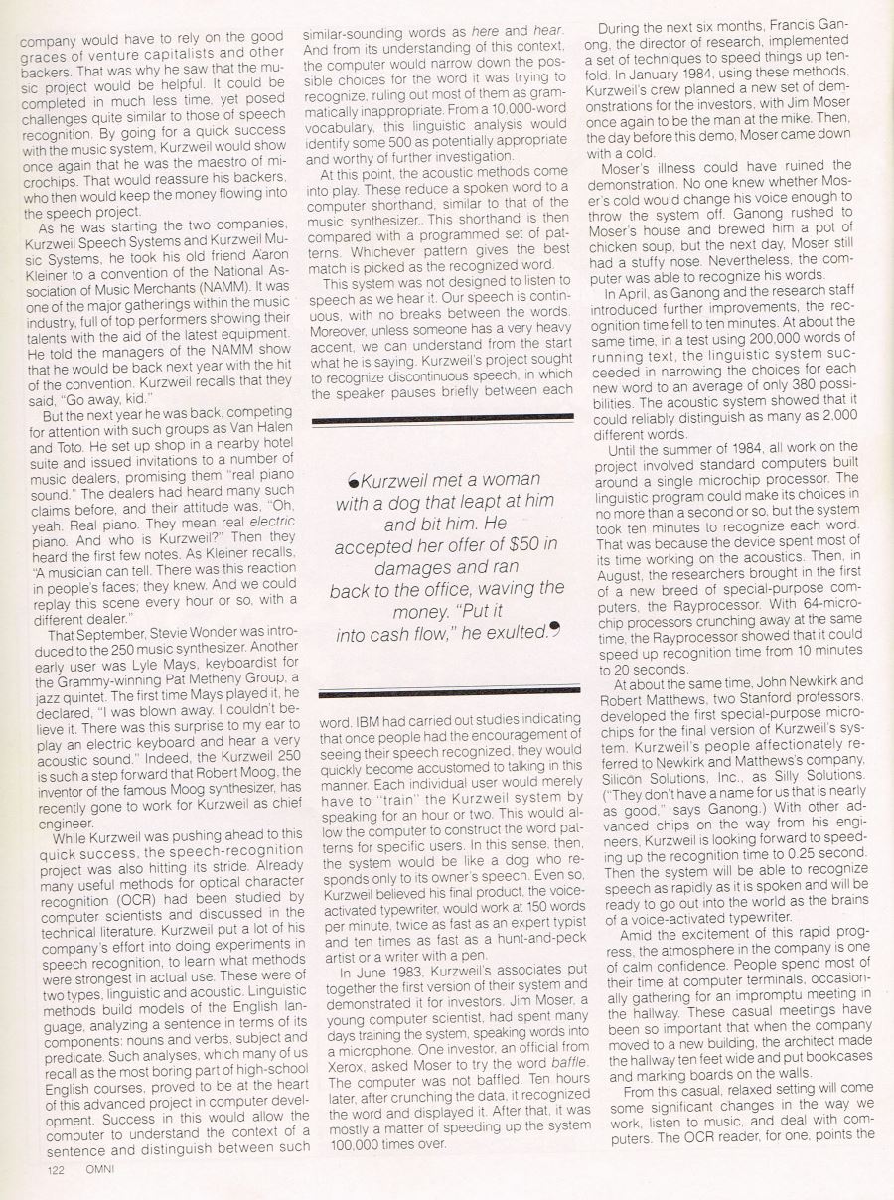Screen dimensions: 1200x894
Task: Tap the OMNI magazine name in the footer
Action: tap(100, 1170)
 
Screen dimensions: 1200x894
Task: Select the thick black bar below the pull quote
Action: tap(445, 689)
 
